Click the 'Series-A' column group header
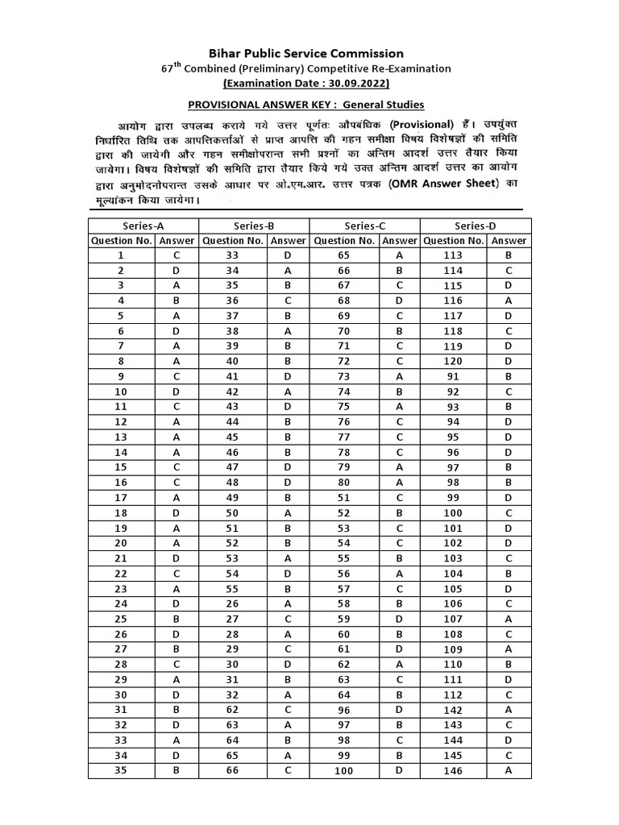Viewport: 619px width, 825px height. [143, 226]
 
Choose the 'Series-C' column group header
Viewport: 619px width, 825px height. [365, 226]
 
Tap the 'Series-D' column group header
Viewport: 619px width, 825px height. [476, 226]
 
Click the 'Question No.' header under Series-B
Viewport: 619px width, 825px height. [233, 240]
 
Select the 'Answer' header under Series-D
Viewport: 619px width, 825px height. [509, 240]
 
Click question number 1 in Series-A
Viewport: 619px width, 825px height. [122, 255]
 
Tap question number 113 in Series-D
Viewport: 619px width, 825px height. [454, 255]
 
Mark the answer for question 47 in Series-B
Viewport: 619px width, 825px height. [288, 466]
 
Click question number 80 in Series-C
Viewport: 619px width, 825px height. [343, 482]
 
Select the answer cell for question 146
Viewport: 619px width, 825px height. [509, 770]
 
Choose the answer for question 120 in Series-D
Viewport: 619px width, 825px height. [509, 361]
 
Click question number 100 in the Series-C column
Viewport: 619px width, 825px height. [343, 770]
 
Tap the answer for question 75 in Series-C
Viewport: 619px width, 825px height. [399, 406]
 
